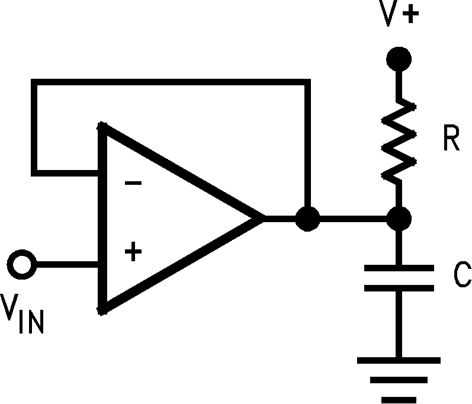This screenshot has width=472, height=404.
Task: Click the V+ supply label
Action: pos(400,16)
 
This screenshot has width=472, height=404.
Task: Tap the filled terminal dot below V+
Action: pos(398,59)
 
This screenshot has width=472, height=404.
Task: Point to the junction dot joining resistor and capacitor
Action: pos(398,219)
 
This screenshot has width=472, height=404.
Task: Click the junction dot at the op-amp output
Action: pos(307,219)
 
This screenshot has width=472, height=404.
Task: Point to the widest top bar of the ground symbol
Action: pos(398,360)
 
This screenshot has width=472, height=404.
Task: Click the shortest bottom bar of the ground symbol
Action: pos(398,399)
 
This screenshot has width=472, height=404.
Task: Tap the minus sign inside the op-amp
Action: pos(134,183)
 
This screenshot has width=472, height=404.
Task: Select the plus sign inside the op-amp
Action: pos(134,252)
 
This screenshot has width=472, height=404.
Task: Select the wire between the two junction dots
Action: pos(352,219)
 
